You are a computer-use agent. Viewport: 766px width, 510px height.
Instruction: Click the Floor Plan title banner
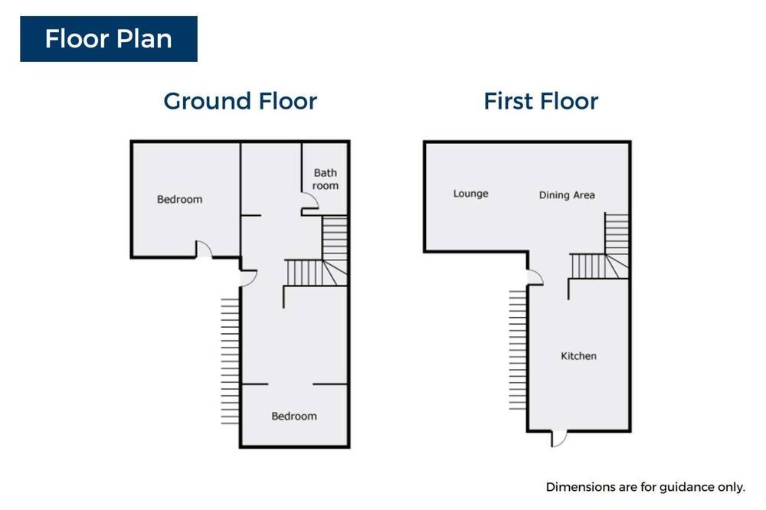pyautogui.click(x=109, y=39)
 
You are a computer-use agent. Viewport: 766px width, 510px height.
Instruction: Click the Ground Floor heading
pyautogui.click(x=241, y=101)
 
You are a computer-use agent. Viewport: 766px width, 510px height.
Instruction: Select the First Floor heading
pyautogui.click(x=541, y=101)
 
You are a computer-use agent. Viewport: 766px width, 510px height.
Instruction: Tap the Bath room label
pyautogui.click(x=326, y=179)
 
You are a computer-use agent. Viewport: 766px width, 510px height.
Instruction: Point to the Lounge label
pyautogui.click(x=470, y=194)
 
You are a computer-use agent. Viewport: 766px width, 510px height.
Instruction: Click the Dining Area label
pyautogui.click(x=567, y=195)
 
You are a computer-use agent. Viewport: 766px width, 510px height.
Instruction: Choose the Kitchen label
pyautogui.click(x=578, y=355)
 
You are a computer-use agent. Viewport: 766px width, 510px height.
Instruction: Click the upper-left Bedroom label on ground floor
pyautogui.click(x=179, y=199)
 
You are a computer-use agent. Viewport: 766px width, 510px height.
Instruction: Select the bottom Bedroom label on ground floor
pyautogui.click(x=294, y=417)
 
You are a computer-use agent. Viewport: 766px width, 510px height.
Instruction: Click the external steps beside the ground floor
pyautogui.click(x=230, y=361)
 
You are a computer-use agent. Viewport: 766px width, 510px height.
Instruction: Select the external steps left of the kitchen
pyautogui.click(x=518, y=350)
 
